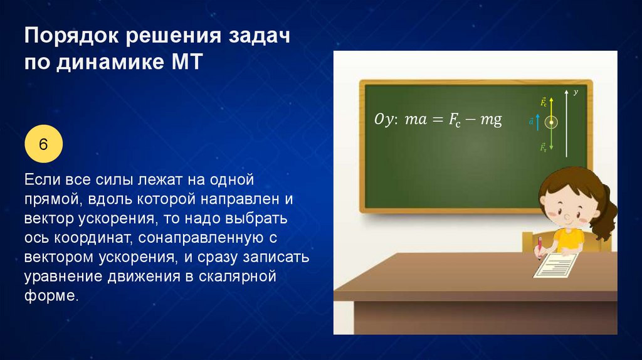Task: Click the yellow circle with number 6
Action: pos(43,144)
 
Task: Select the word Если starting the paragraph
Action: pos(42,179)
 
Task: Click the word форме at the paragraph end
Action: pos(51,295)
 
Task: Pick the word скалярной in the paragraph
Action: pos(238,277)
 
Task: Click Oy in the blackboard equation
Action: pos(384,119)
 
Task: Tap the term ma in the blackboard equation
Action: pos(416,120)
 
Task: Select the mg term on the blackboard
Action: pos(491,120)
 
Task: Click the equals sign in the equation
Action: pos(438,120)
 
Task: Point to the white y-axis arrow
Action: pos(566,124)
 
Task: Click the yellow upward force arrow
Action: pos(552,109)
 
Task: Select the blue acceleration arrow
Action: pos(537,122)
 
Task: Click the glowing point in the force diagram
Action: pos(552,122)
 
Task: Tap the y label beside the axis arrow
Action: pos(576,92)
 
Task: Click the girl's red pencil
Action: pos(540,247)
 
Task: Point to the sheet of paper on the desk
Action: pos(555,265)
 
